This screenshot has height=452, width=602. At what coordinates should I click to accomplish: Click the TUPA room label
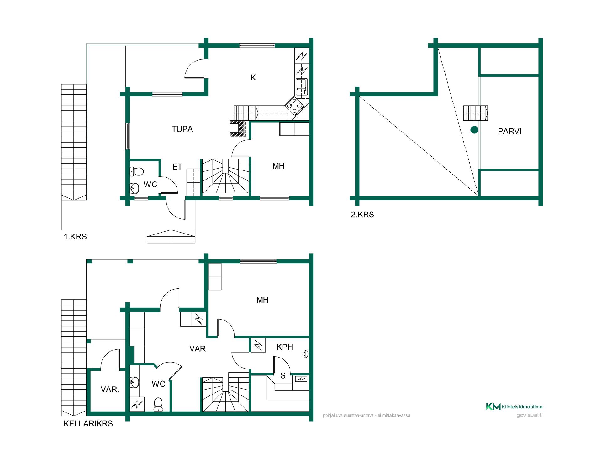tap(182, 129)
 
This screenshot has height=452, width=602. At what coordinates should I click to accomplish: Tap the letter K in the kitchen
tap(253, 78)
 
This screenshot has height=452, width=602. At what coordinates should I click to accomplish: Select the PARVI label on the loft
tap(510, 131)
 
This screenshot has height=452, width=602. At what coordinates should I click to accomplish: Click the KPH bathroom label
tap(285, 347)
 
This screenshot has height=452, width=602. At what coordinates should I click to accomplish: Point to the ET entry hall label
tap(177, 167)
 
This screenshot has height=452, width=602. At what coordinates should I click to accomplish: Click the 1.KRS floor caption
tap(75, 237)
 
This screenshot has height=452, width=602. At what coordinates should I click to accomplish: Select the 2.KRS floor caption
tap(362, 215)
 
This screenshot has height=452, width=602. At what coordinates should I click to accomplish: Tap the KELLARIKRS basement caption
tap(88, 423)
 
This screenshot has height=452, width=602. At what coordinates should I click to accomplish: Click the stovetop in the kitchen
tap(295, 105)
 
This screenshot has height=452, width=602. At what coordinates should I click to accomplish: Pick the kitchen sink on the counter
tap(302, 87)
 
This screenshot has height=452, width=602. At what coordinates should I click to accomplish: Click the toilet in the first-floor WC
tap(137, 171)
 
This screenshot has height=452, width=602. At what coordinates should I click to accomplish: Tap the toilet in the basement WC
tap(158, 404)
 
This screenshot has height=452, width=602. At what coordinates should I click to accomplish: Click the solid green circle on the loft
tap(474, 130)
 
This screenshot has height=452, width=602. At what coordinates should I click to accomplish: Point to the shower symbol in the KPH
tap(306, 354)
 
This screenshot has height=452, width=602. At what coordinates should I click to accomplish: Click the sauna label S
tap(283, 376)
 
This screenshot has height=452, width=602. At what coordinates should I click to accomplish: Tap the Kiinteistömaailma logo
tap(514, 406)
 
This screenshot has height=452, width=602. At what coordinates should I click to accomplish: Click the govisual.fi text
tap(530, 415)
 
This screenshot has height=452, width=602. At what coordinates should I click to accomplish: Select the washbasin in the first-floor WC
tap(135, 188)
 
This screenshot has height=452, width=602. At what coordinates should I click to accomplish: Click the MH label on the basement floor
tap(262, 300)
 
